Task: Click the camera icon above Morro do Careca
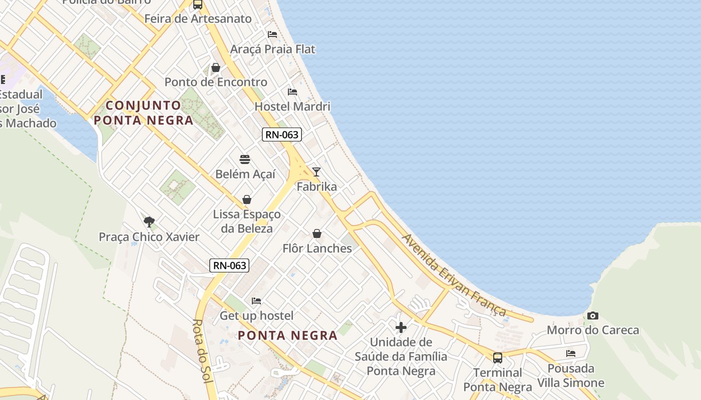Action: [x=593, y=316]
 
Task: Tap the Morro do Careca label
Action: [x=593, y=330]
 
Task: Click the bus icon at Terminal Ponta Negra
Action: [x=497, y=358]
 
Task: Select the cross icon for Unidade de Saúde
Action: [x=401, y=328]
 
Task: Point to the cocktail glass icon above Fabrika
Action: [x=316, y=172]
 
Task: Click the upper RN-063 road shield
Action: [x=281, y=134]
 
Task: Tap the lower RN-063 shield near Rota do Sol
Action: [x=229, y=265]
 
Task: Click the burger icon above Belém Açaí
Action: [x=245, y=159]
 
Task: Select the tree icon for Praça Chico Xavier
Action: [x=149, y=222]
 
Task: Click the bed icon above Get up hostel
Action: [x=256, y=301]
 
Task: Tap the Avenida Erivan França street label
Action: [x=454, y=275]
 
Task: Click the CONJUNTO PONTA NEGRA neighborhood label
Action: [x=144, y=113]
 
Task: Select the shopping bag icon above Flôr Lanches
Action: [x=317, y=233]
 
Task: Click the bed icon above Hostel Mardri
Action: [x=292, y=92]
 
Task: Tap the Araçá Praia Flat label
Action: [x=272, y=49]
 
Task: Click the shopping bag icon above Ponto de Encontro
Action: [x=216, y=67]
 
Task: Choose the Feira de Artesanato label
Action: [x=198, y=19]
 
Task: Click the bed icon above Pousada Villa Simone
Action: [x=571, y=353]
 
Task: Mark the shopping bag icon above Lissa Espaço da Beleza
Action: [x=247, y=200]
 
